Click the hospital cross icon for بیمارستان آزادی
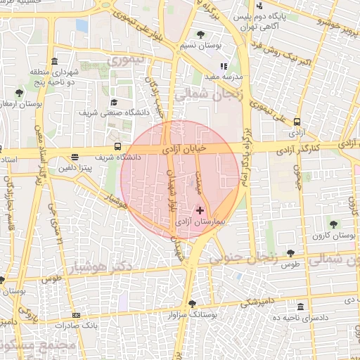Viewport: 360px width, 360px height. coord(200,210)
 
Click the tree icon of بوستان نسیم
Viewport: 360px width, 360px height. coord(201,34)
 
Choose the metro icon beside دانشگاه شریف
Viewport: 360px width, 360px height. coord(75,157)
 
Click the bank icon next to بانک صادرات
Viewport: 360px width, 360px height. coord(76,315)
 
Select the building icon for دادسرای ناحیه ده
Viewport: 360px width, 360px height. coord(300,307)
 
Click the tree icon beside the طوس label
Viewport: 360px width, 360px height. coord(290,252)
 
